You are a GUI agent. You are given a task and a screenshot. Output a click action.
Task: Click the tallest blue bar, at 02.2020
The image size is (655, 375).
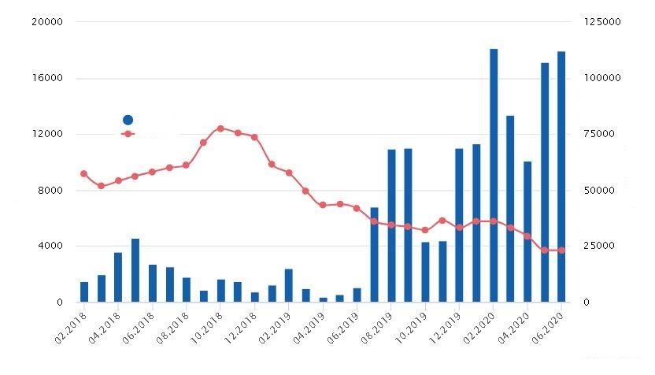tap(494, 175)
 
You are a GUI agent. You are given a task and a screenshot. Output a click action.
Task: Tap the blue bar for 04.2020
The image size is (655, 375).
tap(527, 232)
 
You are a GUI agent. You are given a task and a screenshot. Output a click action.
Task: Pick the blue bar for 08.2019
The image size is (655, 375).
tap(391, 225)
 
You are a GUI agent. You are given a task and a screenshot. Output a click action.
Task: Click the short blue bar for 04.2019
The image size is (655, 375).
tap(324, 299)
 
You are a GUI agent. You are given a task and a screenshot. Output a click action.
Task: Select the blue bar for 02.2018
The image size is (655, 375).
tap(84, 292)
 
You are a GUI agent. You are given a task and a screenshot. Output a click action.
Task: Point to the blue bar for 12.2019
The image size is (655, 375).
tap(459, 225)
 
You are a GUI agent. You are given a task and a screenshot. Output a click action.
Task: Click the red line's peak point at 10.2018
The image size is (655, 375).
tap(220, 128)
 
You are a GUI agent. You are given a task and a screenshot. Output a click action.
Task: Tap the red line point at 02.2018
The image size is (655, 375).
tap(84, 173)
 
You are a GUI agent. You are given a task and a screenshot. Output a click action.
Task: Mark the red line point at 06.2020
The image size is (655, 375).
tap(561, 251)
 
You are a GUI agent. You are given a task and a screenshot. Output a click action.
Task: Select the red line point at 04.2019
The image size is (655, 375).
tap(324, 205)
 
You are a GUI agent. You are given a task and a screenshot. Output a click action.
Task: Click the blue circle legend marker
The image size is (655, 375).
tap(128, 120)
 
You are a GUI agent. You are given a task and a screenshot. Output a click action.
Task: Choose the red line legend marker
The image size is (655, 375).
tap(128, 134)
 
